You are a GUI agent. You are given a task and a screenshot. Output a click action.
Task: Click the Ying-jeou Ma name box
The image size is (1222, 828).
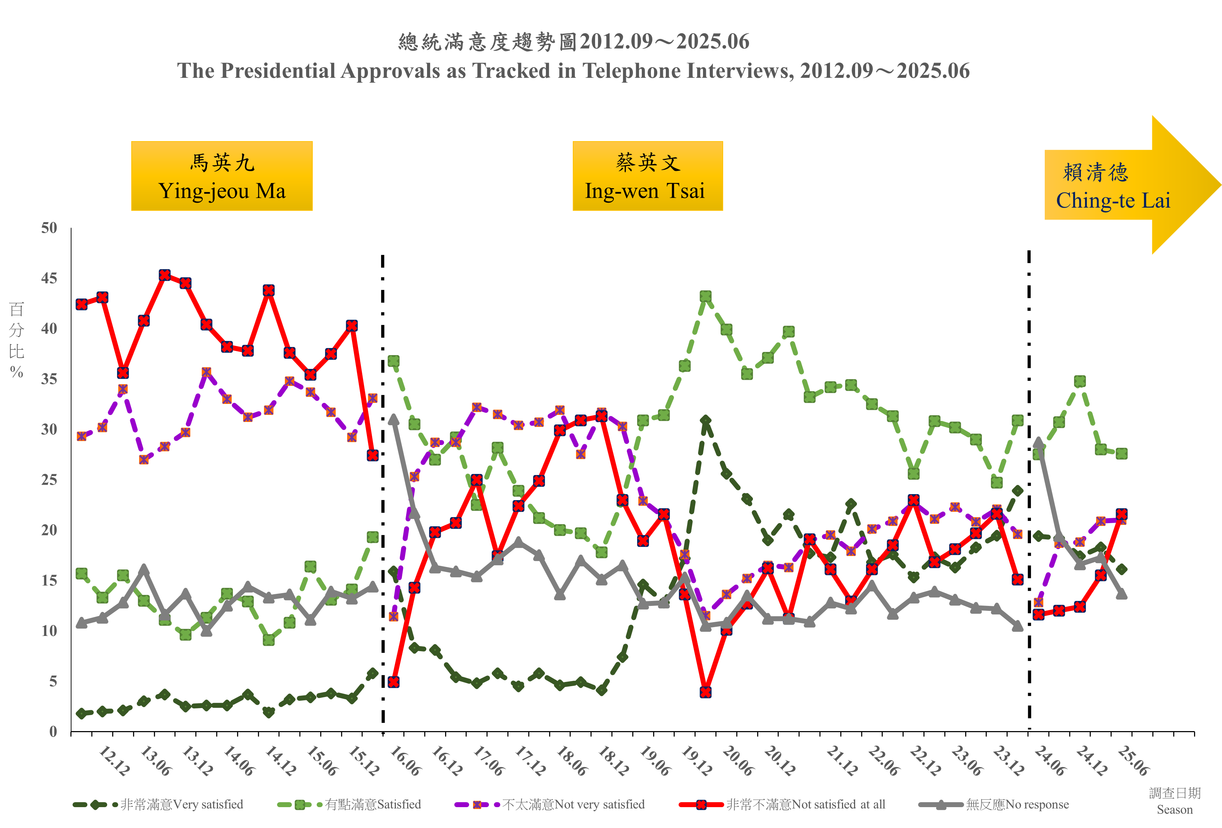[x=221, y=176]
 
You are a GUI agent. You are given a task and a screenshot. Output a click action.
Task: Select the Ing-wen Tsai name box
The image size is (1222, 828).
[x=647, y=176]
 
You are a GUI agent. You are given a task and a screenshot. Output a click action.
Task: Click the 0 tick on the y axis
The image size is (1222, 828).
[x=53, y=731]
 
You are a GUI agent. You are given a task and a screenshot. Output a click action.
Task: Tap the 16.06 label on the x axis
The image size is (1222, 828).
[x=405, y=761]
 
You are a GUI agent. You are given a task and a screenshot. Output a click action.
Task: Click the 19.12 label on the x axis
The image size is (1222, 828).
[x=696, y=761]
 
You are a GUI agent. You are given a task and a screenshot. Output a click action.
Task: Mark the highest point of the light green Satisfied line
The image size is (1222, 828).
[x=706, y=296]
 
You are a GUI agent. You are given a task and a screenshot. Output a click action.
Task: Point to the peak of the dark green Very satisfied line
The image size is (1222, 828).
[x=706, y=421]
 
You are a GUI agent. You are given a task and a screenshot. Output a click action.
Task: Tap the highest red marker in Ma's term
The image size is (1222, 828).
[x=165, y=275]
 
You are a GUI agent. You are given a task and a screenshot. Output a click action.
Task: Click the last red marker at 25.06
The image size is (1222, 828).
[x=1122, y=514]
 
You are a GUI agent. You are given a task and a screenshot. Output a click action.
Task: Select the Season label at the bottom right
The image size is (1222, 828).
[x=1175, y=810]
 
